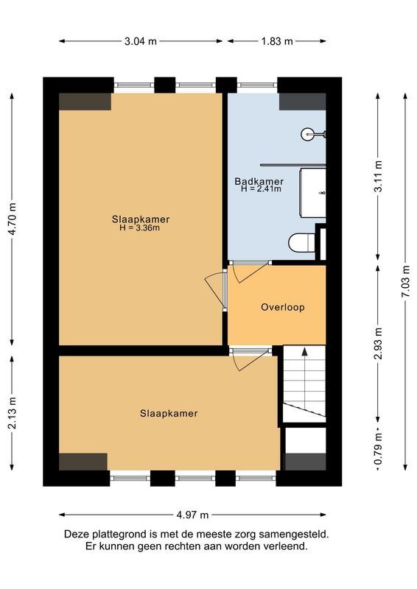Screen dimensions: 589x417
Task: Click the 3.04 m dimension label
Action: (x=141, y=41)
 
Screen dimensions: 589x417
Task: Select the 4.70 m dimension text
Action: (x=13, y=217)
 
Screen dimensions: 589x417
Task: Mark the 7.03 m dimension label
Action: (x=405, y=281)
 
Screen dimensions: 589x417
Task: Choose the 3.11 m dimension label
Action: (x=378, y=177)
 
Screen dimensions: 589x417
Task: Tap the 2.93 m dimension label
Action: (x=378, y=343)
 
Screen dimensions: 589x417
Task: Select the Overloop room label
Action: (x=282, y=307)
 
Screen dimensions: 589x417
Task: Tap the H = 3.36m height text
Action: (x=140, y=228)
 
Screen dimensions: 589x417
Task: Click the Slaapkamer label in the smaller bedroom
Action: (x=169, y=413)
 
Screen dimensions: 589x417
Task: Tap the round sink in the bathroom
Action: (x=309, y=134)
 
